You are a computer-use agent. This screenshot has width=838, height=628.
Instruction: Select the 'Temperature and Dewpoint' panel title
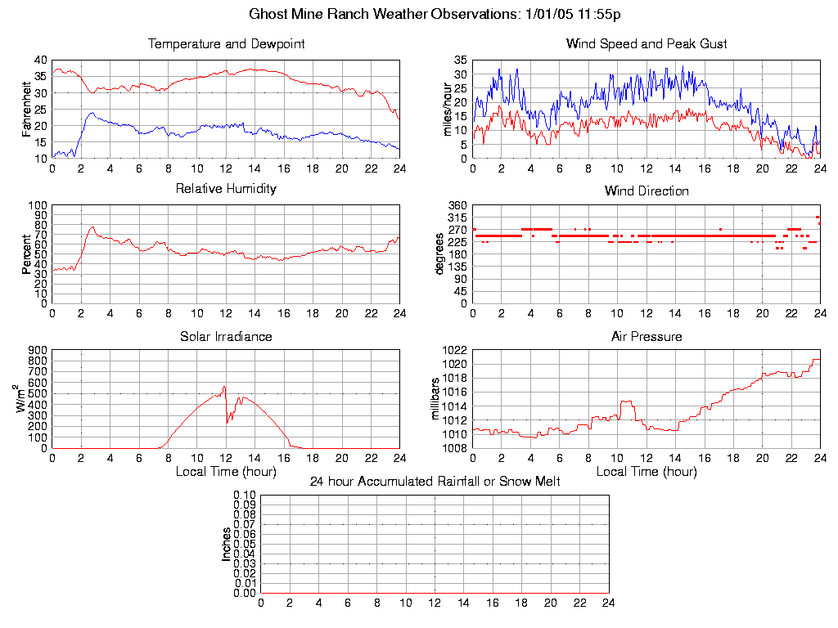(226, 43)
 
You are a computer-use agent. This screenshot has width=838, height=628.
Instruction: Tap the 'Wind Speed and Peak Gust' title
(647, 43)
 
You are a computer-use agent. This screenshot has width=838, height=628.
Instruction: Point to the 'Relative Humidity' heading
(226, 189)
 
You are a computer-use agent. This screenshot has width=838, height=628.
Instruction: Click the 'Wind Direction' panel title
(647, 191)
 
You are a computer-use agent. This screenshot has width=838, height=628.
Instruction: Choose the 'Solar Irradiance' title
(226, 336)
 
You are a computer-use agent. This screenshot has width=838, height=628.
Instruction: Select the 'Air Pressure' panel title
(647, 336)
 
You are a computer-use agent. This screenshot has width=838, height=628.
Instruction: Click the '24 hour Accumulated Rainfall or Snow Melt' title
(435, 482)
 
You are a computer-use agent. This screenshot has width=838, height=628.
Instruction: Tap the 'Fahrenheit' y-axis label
(27, 109)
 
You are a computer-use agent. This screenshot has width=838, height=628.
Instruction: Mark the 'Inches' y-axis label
(227, 544)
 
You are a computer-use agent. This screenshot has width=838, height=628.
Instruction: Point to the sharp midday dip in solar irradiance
(227, 422)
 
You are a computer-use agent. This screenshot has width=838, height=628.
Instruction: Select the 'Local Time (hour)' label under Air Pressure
(647, 472)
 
